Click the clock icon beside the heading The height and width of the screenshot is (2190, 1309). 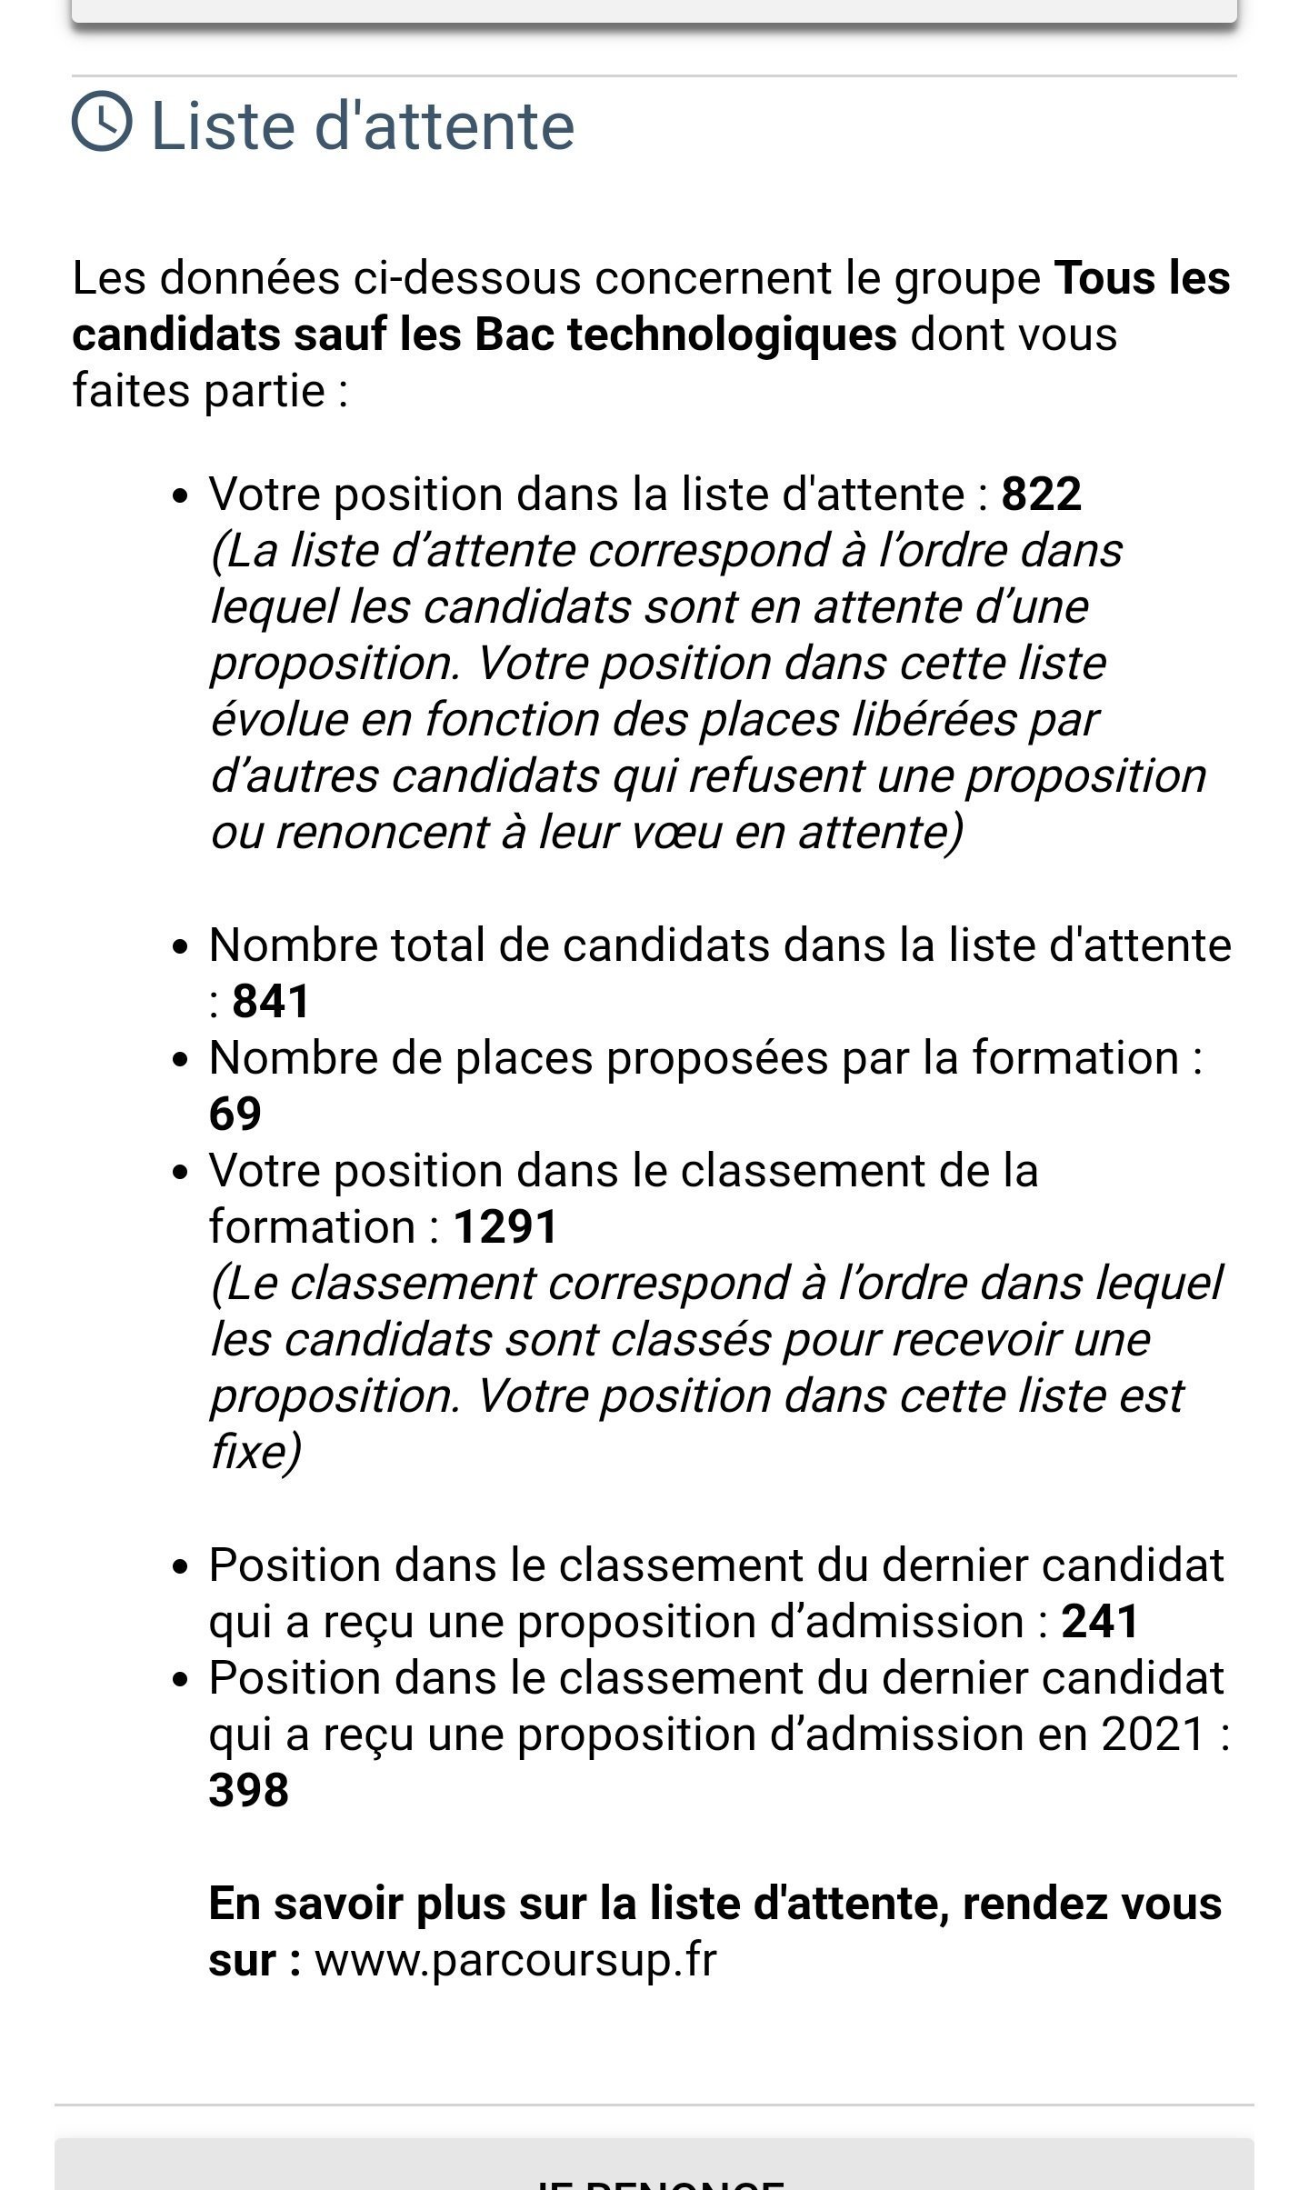(102, 121)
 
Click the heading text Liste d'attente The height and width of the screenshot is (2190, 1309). (363, 125)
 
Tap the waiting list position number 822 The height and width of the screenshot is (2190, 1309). (1041, 495)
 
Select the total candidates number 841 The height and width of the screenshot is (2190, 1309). (271, 1002)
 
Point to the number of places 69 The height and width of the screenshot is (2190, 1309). (235, 1115)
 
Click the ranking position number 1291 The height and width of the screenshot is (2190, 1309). (505, 1227)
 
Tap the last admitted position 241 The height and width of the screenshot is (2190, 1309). (1100, 1622)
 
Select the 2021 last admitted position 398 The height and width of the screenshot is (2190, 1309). (248, 1791)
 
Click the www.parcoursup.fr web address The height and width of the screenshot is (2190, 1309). (515, 1960)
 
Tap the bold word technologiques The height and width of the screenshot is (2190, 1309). (732, 335)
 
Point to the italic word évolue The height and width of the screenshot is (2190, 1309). (279, 720)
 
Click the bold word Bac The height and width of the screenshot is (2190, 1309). (514, 335)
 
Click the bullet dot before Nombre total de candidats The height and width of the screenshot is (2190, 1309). (180, 947)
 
